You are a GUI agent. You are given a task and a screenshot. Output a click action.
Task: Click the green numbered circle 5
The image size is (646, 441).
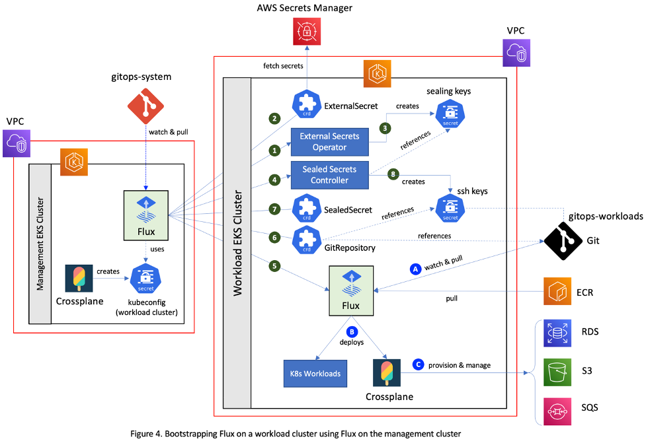pyautogui.click(x=272, y=267)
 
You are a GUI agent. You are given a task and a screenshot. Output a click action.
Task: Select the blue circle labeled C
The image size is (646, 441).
pyautogui.click(x=417, y=364)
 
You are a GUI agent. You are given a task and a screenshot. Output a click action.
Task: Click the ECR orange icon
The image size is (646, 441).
pyautogui.click(x=556, y=291)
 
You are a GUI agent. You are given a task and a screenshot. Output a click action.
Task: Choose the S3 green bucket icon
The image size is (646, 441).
pyautogui.click(x=556, y=372)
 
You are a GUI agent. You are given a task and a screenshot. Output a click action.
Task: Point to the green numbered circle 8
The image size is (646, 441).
pyautogui.click(x=393, y=176)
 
